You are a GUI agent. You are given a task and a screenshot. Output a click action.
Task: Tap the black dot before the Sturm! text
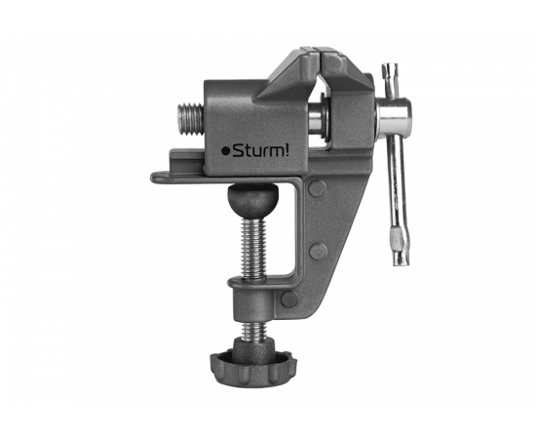click(x=225, y=151)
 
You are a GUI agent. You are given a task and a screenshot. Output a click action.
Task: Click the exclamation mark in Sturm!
click(x=287, y=149)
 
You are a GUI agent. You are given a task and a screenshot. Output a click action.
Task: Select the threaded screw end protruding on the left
click(x=191, y=120)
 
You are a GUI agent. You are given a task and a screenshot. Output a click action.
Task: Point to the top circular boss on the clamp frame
click(x=318, y=188)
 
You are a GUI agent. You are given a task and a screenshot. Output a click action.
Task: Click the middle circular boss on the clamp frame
click(x=318, y=252)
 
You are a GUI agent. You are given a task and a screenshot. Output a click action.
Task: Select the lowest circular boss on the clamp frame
click(x=289, y=299)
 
